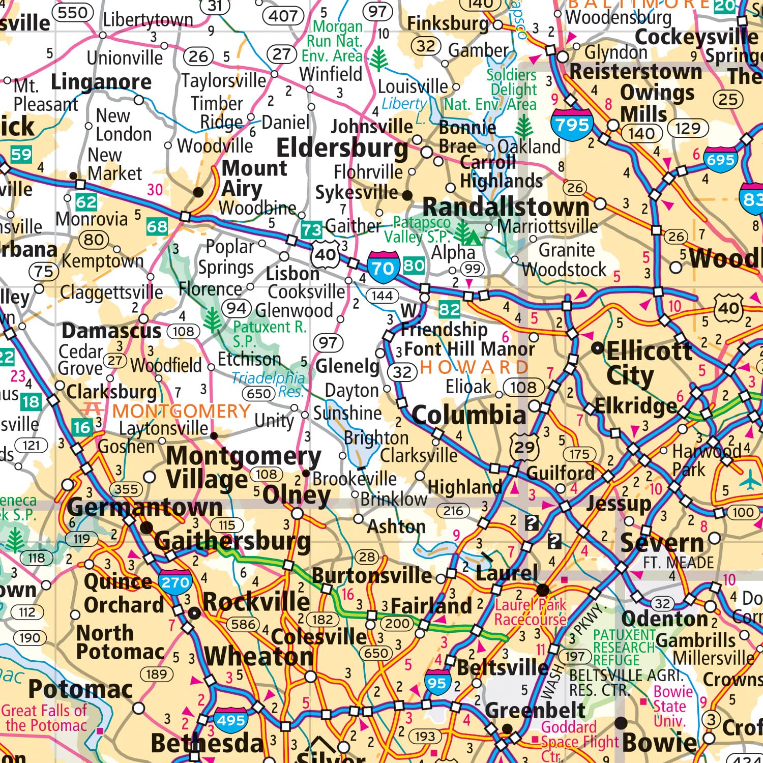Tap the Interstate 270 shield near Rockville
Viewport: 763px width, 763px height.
tap(175, 582)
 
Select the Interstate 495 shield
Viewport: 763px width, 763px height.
tap(231, 720)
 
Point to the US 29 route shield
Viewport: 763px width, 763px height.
tap(524, 448)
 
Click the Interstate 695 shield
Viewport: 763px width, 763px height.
tap(721, 160)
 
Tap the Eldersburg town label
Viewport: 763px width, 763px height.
tap(342, 148)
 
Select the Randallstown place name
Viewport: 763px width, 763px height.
tap(506, 207)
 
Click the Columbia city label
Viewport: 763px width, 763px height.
tap(468, 415)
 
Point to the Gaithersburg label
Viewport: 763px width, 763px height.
tap(232, 541)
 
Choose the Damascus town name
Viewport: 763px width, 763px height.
tap(111, 331)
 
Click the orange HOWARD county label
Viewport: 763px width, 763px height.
tap(474, 367)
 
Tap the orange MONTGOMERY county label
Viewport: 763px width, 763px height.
tap(182, 411)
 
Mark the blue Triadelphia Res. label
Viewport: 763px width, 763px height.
tap(268, 385)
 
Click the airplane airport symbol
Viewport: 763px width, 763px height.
tap(750, 479)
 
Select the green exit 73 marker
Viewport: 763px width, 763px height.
tap(311, 230)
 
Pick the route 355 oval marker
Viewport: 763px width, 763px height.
tap(126, 489)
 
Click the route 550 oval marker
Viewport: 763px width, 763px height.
tap(73, 13)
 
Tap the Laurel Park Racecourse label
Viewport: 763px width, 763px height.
tap(531, 612)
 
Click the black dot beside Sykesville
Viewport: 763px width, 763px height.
tap(407, 195)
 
